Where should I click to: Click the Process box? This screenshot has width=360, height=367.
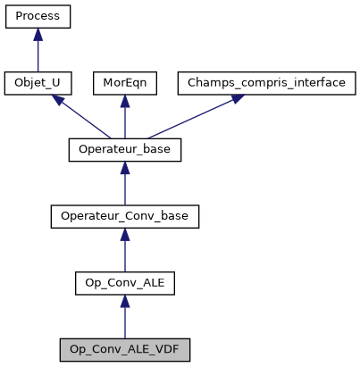tap(38, 17)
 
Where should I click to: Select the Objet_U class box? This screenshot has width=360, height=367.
tap(38, 83)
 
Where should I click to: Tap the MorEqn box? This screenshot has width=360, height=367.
tap(125, 83)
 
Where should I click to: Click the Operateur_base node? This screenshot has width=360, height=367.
tap(125, 149)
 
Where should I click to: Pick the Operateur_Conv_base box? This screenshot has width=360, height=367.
tap(125, 216)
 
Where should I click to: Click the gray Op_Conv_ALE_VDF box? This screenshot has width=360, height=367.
tap(125, 348)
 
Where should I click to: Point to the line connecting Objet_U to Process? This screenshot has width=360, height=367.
tap(38, 54)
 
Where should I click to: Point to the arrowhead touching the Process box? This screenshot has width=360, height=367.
tap(38, 34)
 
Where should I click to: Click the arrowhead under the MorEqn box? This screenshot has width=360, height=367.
tap(125, 100)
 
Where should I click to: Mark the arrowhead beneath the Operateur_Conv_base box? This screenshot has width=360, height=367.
tap(125, 233)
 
